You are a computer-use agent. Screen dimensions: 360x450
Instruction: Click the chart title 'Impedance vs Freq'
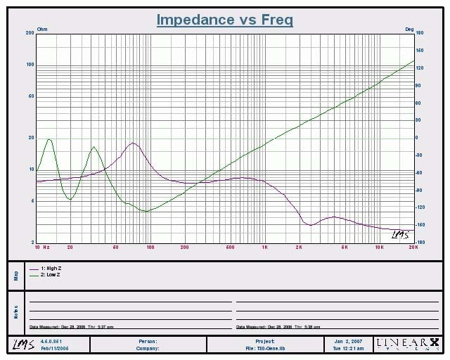[x=224, y=20]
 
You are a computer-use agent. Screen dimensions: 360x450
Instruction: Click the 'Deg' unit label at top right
[x=409, y=29]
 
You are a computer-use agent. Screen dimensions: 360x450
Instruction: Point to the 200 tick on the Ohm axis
[x=30, y=34]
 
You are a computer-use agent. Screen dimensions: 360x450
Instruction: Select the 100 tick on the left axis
[x=30, y=65]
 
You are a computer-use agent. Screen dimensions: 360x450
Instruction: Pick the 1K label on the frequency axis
[x=264, y=247]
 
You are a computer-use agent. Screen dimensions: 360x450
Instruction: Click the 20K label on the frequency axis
[x=413, y=247]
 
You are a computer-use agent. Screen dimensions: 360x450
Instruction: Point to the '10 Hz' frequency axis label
[x=42, y=247]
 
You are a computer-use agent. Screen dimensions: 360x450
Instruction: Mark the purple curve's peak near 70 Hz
[x=131, y=143]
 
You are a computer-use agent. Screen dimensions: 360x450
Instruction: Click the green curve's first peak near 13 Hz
[x=49, y=140]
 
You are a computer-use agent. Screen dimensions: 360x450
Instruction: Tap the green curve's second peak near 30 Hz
[x=94, y=148]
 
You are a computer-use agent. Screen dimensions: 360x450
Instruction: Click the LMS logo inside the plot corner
[x=399, y=234]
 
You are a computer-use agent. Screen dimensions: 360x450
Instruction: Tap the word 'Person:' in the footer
[x=148, y=341]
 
